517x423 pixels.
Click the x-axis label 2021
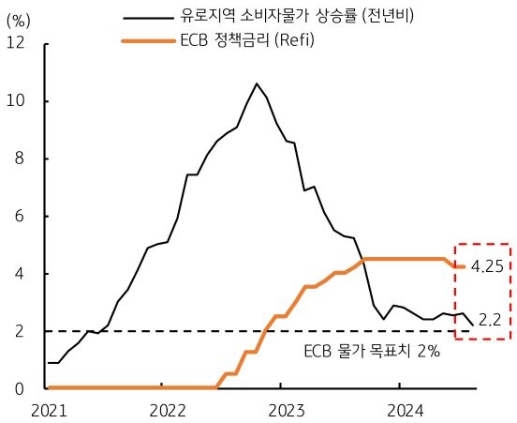(x=50, y=410)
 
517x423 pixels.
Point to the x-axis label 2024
(x=398, y=410)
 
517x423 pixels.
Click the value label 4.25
(x=488, y=266)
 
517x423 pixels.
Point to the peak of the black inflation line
(x=257, y=83)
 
